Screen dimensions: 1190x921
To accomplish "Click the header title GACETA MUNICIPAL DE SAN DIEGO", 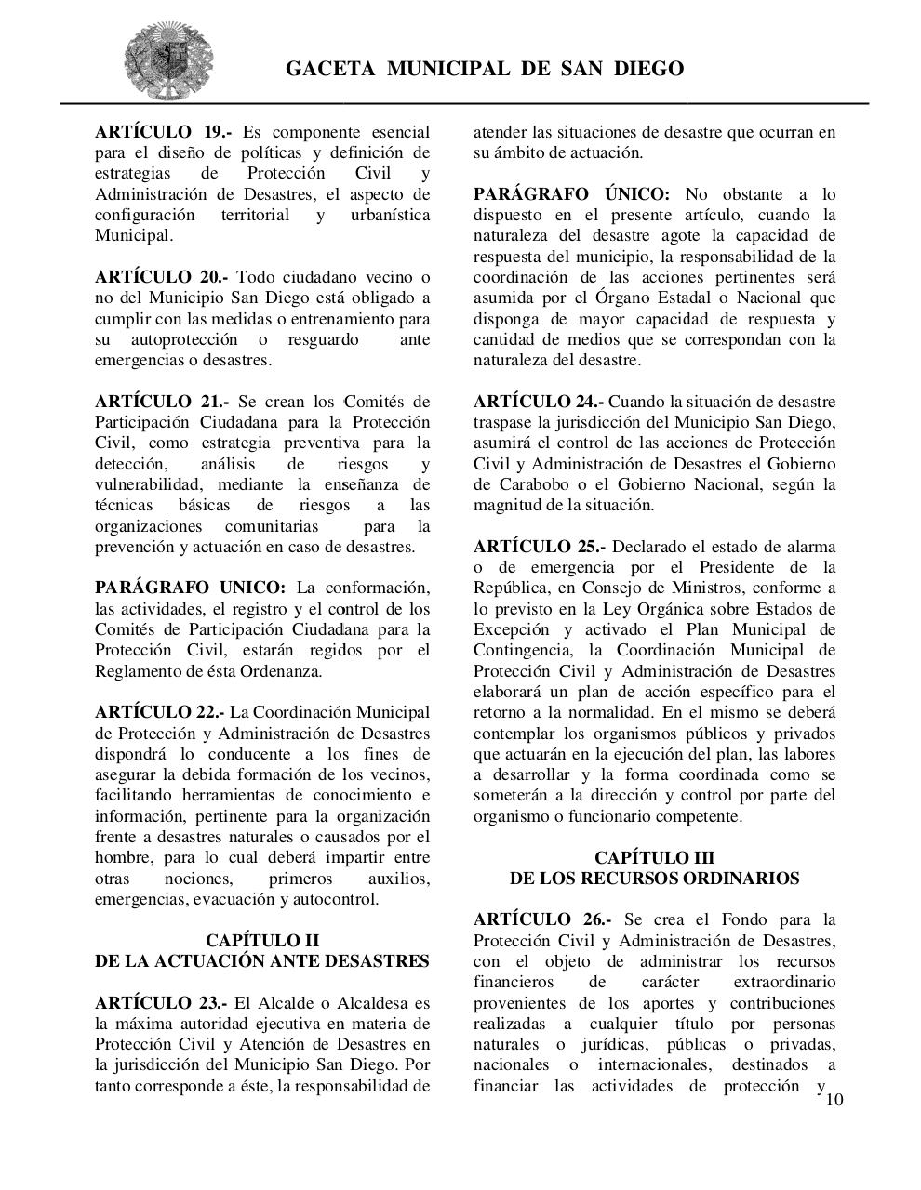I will pyautogui.click(x=484, y=69).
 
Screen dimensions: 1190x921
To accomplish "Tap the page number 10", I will pyautogui.click(x=834, y=1100).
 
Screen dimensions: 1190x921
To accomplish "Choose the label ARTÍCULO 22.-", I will pyautogui.click(x=159, y=712).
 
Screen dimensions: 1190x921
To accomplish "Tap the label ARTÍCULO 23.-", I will pyautogui.click(x=160, y=1002).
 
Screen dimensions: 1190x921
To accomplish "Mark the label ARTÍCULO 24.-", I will pyautogui.click(x=538, y=402).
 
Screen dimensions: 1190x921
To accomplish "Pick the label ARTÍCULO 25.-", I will pyautogui.click(x=538, y=547).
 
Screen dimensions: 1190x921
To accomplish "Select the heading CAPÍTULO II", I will pyautogui.click(x=261, y=941).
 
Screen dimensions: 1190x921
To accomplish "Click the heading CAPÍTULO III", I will pyautogui.click(x=654, y=857).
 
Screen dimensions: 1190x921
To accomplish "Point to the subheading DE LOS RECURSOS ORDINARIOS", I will pyautogui.click(x=654, y=878).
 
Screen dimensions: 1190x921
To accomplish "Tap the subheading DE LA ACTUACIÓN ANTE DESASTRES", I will pyautogui.click(x=261, y=961).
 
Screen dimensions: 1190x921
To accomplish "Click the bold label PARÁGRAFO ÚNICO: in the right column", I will pyautogui.click(x=571, y=194).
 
